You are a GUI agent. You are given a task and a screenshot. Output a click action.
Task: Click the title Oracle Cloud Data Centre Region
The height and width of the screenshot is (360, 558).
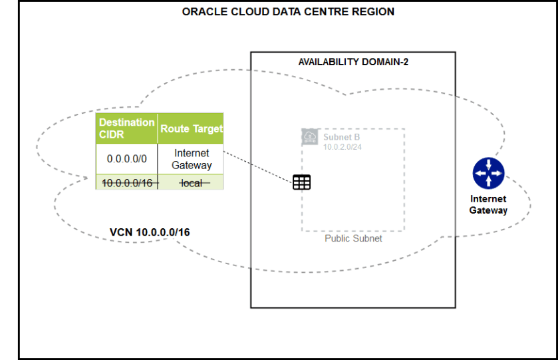(288, 12)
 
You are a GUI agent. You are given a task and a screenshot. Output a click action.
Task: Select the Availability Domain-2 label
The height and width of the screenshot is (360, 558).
(353, 62)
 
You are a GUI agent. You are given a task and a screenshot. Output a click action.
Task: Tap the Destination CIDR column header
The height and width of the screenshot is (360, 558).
(126, 128)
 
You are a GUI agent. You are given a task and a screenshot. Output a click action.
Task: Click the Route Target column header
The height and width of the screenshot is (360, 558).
(192, 129)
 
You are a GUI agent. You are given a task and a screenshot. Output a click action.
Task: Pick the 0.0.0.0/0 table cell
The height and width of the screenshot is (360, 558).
(126, 160)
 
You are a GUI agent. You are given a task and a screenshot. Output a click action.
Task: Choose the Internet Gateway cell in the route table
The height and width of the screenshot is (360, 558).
(192, 159)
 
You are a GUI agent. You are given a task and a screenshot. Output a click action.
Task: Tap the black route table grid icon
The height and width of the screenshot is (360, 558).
(301, 182)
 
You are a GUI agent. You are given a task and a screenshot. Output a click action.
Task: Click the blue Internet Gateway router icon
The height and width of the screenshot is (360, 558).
(489, 173)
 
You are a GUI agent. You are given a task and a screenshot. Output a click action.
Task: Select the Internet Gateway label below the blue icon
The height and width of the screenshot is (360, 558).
(488, 204)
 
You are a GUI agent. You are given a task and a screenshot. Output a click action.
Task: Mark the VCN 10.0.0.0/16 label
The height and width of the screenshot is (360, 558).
(150, 232)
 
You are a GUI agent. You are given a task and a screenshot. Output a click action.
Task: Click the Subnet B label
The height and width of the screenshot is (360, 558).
(342, 136)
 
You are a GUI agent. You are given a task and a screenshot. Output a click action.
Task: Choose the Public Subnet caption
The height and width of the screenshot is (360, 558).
(353, 238)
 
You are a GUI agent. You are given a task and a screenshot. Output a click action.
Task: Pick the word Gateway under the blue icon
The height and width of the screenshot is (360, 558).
(488, 210)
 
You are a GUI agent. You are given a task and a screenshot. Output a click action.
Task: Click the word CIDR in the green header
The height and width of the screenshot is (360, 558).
(111, 134)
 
